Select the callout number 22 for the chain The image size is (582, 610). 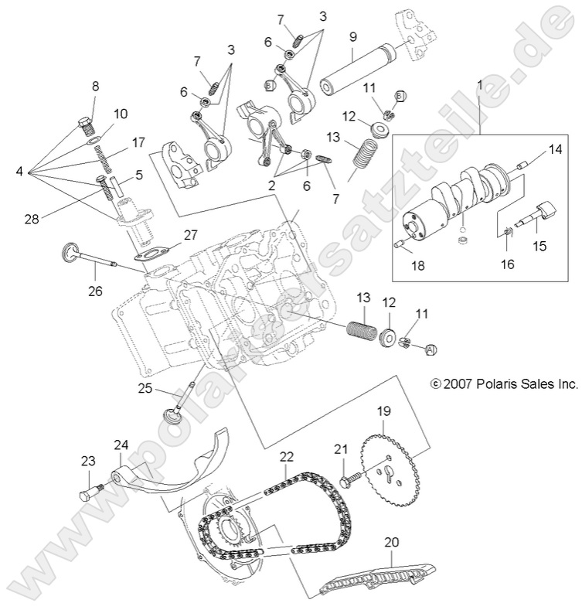[x=287, y=458]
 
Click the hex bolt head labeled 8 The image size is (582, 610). [x=85, y=124]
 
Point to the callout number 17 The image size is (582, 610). [x=138, y=142]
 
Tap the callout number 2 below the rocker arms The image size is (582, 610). [x=270, y=186]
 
